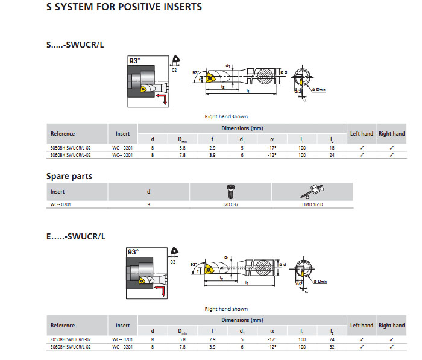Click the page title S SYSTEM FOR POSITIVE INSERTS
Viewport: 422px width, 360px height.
(124, 8)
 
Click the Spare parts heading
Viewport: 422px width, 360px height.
(69, 177)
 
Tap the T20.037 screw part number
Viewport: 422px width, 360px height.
(231, 204)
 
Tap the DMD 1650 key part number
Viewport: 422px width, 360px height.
(312, 204)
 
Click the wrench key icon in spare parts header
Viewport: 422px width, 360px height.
(313, 191)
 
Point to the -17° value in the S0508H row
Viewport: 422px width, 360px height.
(272, 147)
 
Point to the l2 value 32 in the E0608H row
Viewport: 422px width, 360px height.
(332, 347)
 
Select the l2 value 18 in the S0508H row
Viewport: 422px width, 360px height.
(332, 147)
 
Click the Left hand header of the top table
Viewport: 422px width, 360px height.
(362, 133)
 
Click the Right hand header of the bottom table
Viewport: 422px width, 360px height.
(391, 326)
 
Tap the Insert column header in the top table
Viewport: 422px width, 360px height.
(122, 133)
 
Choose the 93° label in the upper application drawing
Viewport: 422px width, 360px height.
(134, 61)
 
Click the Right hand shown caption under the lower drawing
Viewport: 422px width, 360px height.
(226, 309)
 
